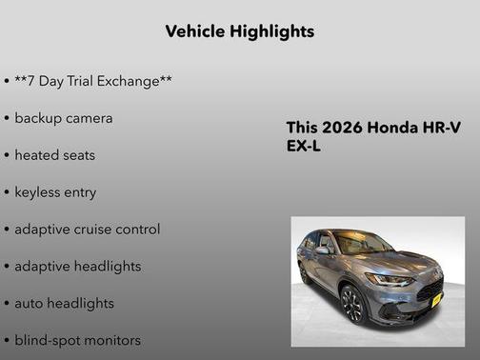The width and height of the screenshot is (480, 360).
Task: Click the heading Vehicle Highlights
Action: (x=240, y=31)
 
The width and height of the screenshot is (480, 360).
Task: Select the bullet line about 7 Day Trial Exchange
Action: (x=92, y=81)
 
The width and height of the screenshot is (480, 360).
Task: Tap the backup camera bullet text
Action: (x=64, y=118)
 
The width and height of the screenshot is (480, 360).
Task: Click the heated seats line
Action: (x=55, y=155)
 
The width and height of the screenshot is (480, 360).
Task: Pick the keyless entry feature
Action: (x=55, y=192)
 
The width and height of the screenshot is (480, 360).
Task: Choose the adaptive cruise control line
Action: (x=87, y=230)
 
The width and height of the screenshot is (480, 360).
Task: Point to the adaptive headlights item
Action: (x=77, y=267)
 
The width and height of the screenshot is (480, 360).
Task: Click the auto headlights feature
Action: (x=64, y=304)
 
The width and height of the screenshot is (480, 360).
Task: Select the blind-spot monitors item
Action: (x=77, y=340)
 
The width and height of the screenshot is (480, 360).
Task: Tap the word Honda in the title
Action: (x=391, y=129)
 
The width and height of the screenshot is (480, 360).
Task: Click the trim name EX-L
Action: (x=305, y=148)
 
